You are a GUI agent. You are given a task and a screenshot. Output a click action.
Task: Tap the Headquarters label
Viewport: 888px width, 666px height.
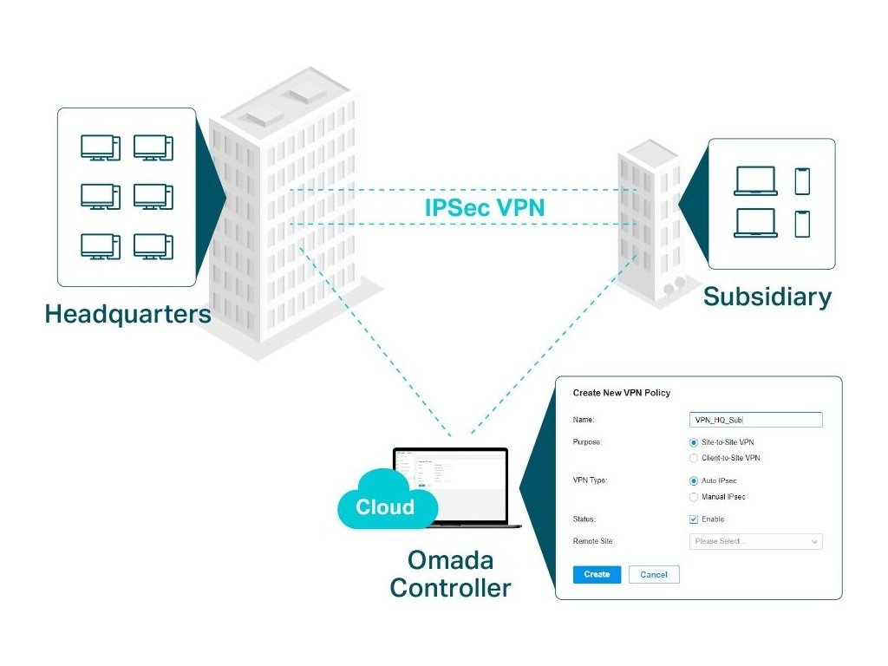pyautogui.click(x=127, y=313)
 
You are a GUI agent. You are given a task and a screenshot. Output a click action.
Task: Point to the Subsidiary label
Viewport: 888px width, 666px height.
pyautogui.click(x=767, y=297)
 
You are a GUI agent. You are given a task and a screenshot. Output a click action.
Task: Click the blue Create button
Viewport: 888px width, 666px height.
pyautogui.click(x=597, y=574)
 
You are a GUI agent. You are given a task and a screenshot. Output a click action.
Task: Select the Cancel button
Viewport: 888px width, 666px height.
pyautogui.click(x=654, y=574)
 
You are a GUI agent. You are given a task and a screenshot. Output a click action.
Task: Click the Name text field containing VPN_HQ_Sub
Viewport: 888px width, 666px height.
pyautogui.click(x=755, y=420)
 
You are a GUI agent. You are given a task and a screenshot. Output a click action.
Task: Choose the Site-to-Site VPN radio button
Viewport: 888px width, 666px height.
pyautogui.click(x=694, y=442)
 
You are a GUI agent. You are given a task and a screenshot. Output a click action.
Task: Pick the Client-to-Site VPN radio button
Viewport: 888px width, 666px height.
pyautogui.click(x=694, y=458)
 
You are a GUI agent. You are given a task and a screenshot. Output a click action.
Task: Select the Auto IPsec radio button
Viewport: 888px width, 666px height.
pyautogui.click(x=694, y=480)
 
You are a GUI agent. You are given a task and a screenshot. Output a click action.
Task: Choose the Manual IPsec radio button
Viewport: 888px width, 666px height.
pyautogui.click(x=694, y=497)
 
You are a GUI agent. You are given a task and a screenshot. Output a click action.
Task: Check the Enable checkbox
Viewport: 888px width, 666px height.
pyautogui.click(x=694, y=519)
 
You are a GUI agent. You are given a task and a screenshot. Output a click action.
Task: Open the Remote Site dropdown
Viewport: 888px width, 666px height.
pyautogui.click(x=755, y=541)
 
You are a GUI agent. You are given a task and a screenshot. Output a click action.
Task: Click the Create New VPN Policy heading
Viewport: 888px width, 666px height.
pyautogui.click(x=622, y=393)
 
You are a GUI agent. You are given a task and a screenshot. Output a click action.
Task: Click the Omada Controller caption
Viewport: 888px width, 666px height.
pyautogui.click(x=450, y=575)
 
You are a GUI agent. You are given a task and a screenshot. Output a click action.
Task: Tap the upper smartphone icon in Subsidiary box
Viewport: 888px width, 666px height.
pyautogui.click(x=802, y=180)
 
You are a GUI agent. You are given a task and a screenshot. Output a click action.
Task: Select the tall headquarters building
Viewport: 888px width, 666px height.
pyautogui.click(x=286, y=217)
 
